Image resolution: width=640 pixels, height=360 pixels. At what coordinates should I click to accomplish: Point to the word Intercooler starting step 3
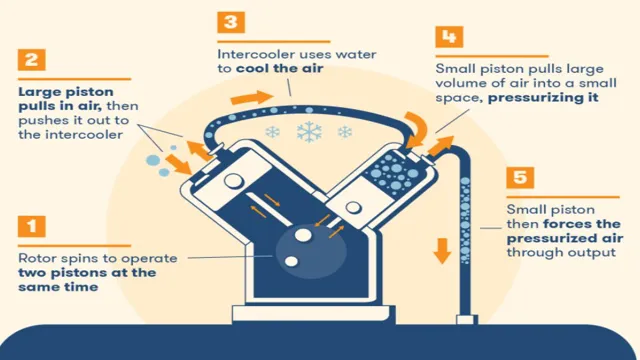250,52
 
